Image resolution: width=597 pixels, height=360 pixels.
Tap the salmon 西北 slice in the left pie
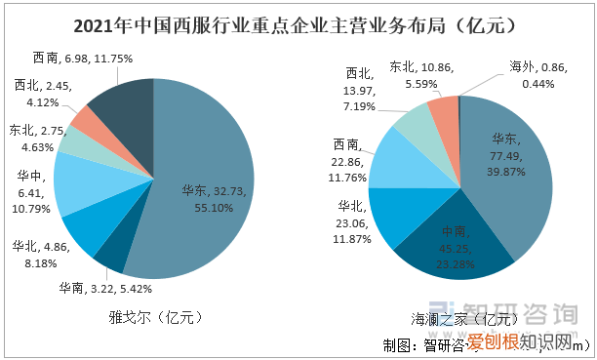82,122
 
